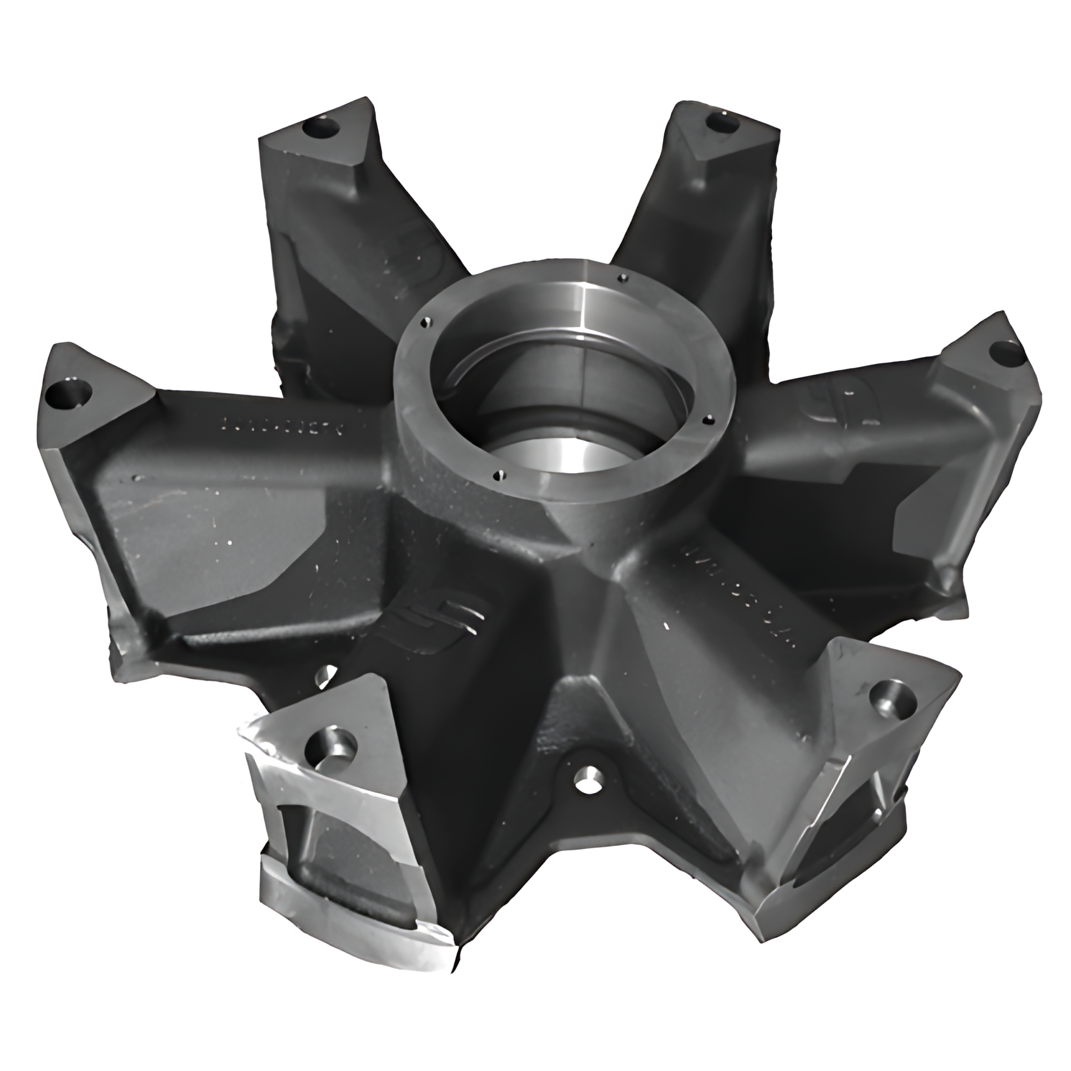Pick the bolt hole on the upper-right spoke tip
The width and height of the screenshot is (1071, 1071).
pyautogui.click(x=721, y=120)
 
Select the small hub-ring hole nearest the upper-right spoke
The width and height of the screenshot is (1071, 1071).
pyautogui.click(x=623, y=277)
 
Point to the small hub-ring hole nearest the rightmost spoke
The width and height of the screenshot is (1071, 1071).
pyautogui.click(x=704, y=420)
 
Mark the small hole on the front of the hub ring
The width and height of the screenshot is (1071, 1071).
pyautogui.click(x=499, y=474)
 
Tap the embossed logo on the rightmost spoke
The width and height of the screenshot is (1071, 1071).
pyautogui.click(x=841, y=408)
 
